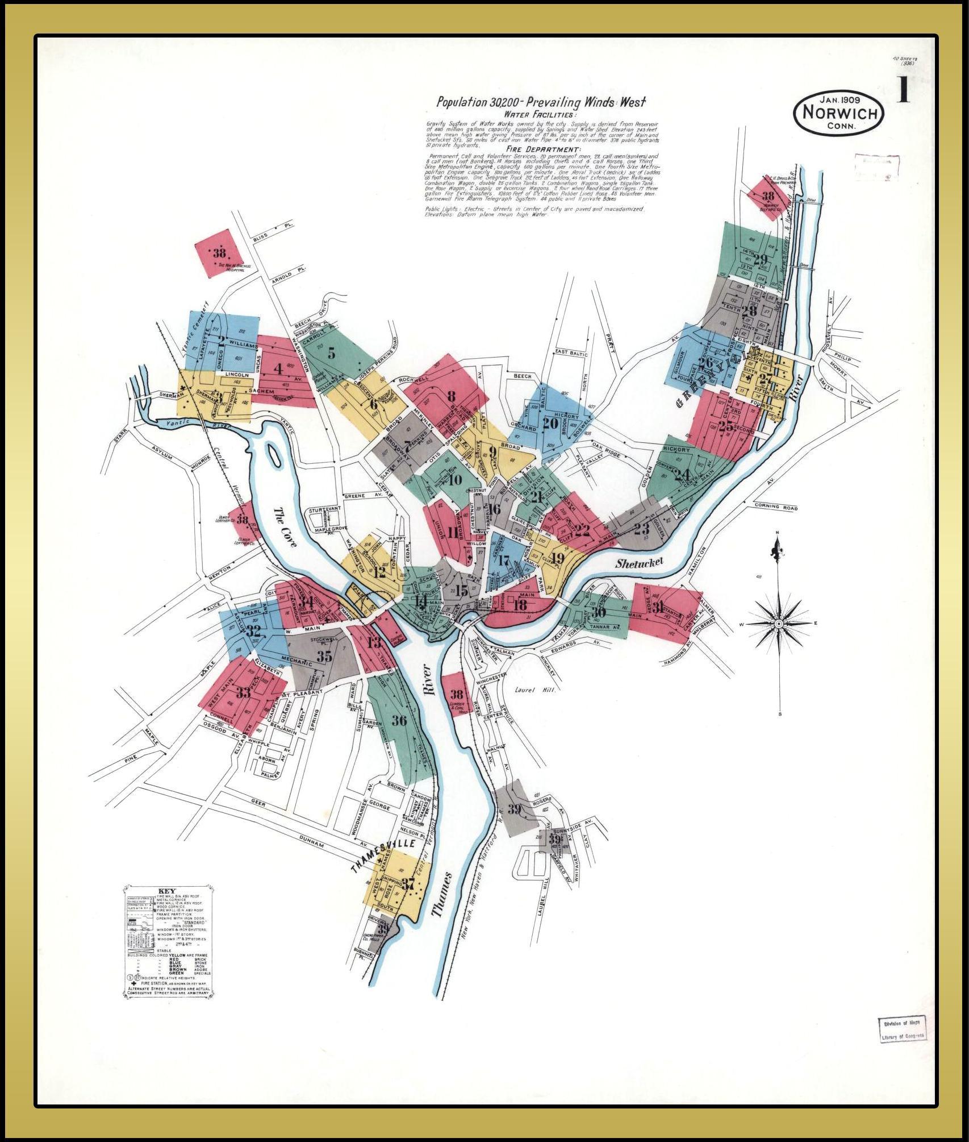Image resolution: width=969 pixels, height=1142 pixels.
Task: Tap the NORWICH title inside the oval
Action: (840, 113)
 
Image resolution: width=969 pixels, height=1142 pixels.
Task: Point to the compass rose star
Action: (780, 623)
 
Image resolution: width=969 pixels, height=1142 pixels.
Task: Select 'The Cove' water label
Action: (285, 525)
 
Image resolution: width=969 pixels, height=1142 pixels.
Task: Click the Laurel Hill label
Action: (529, 689)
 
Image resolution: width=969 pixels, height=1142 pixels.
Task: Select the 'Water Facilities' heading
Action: (535, 114)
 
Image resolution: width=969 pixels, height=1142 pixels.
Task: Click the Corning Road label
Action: (776, 508)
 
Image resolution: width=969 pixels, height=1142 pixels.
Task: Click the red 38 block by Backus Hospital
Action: (219, 254)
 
